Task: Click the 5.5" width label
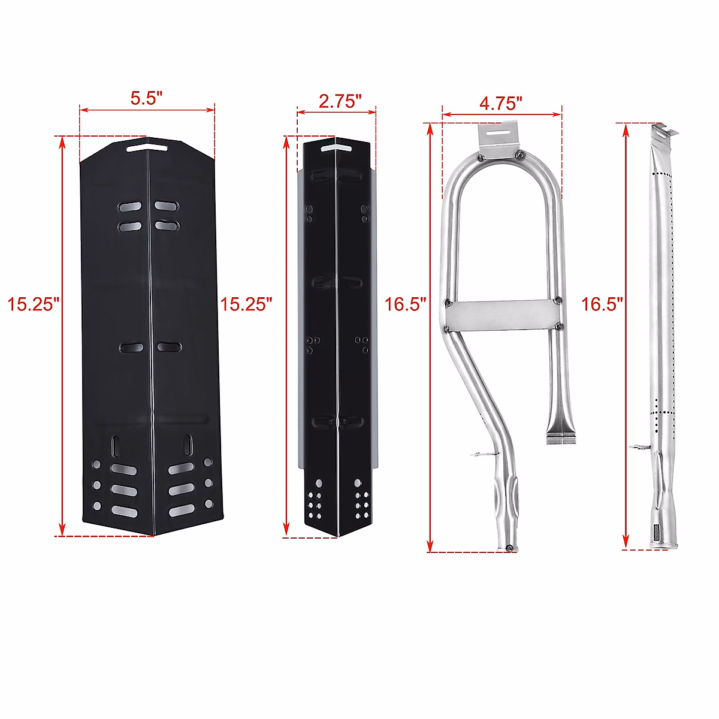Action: tap(147, 98)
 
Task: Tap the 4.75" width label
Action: tap(501, 103)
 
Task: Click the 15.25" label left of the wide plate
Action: tap(33, 304)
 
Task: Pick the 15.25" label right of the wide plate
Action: tap(246, 304)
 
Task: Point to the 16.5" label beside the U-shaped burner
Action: tap(405, 304)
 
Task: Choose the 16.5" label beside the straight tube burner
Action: tap(602, 304)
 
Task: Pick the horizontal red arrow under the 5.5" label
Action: tap(147, 110)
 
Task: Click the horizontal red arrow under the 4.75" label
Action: tap(502, 113)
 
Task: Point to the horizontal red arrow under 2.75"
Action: tap(336, 111)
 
